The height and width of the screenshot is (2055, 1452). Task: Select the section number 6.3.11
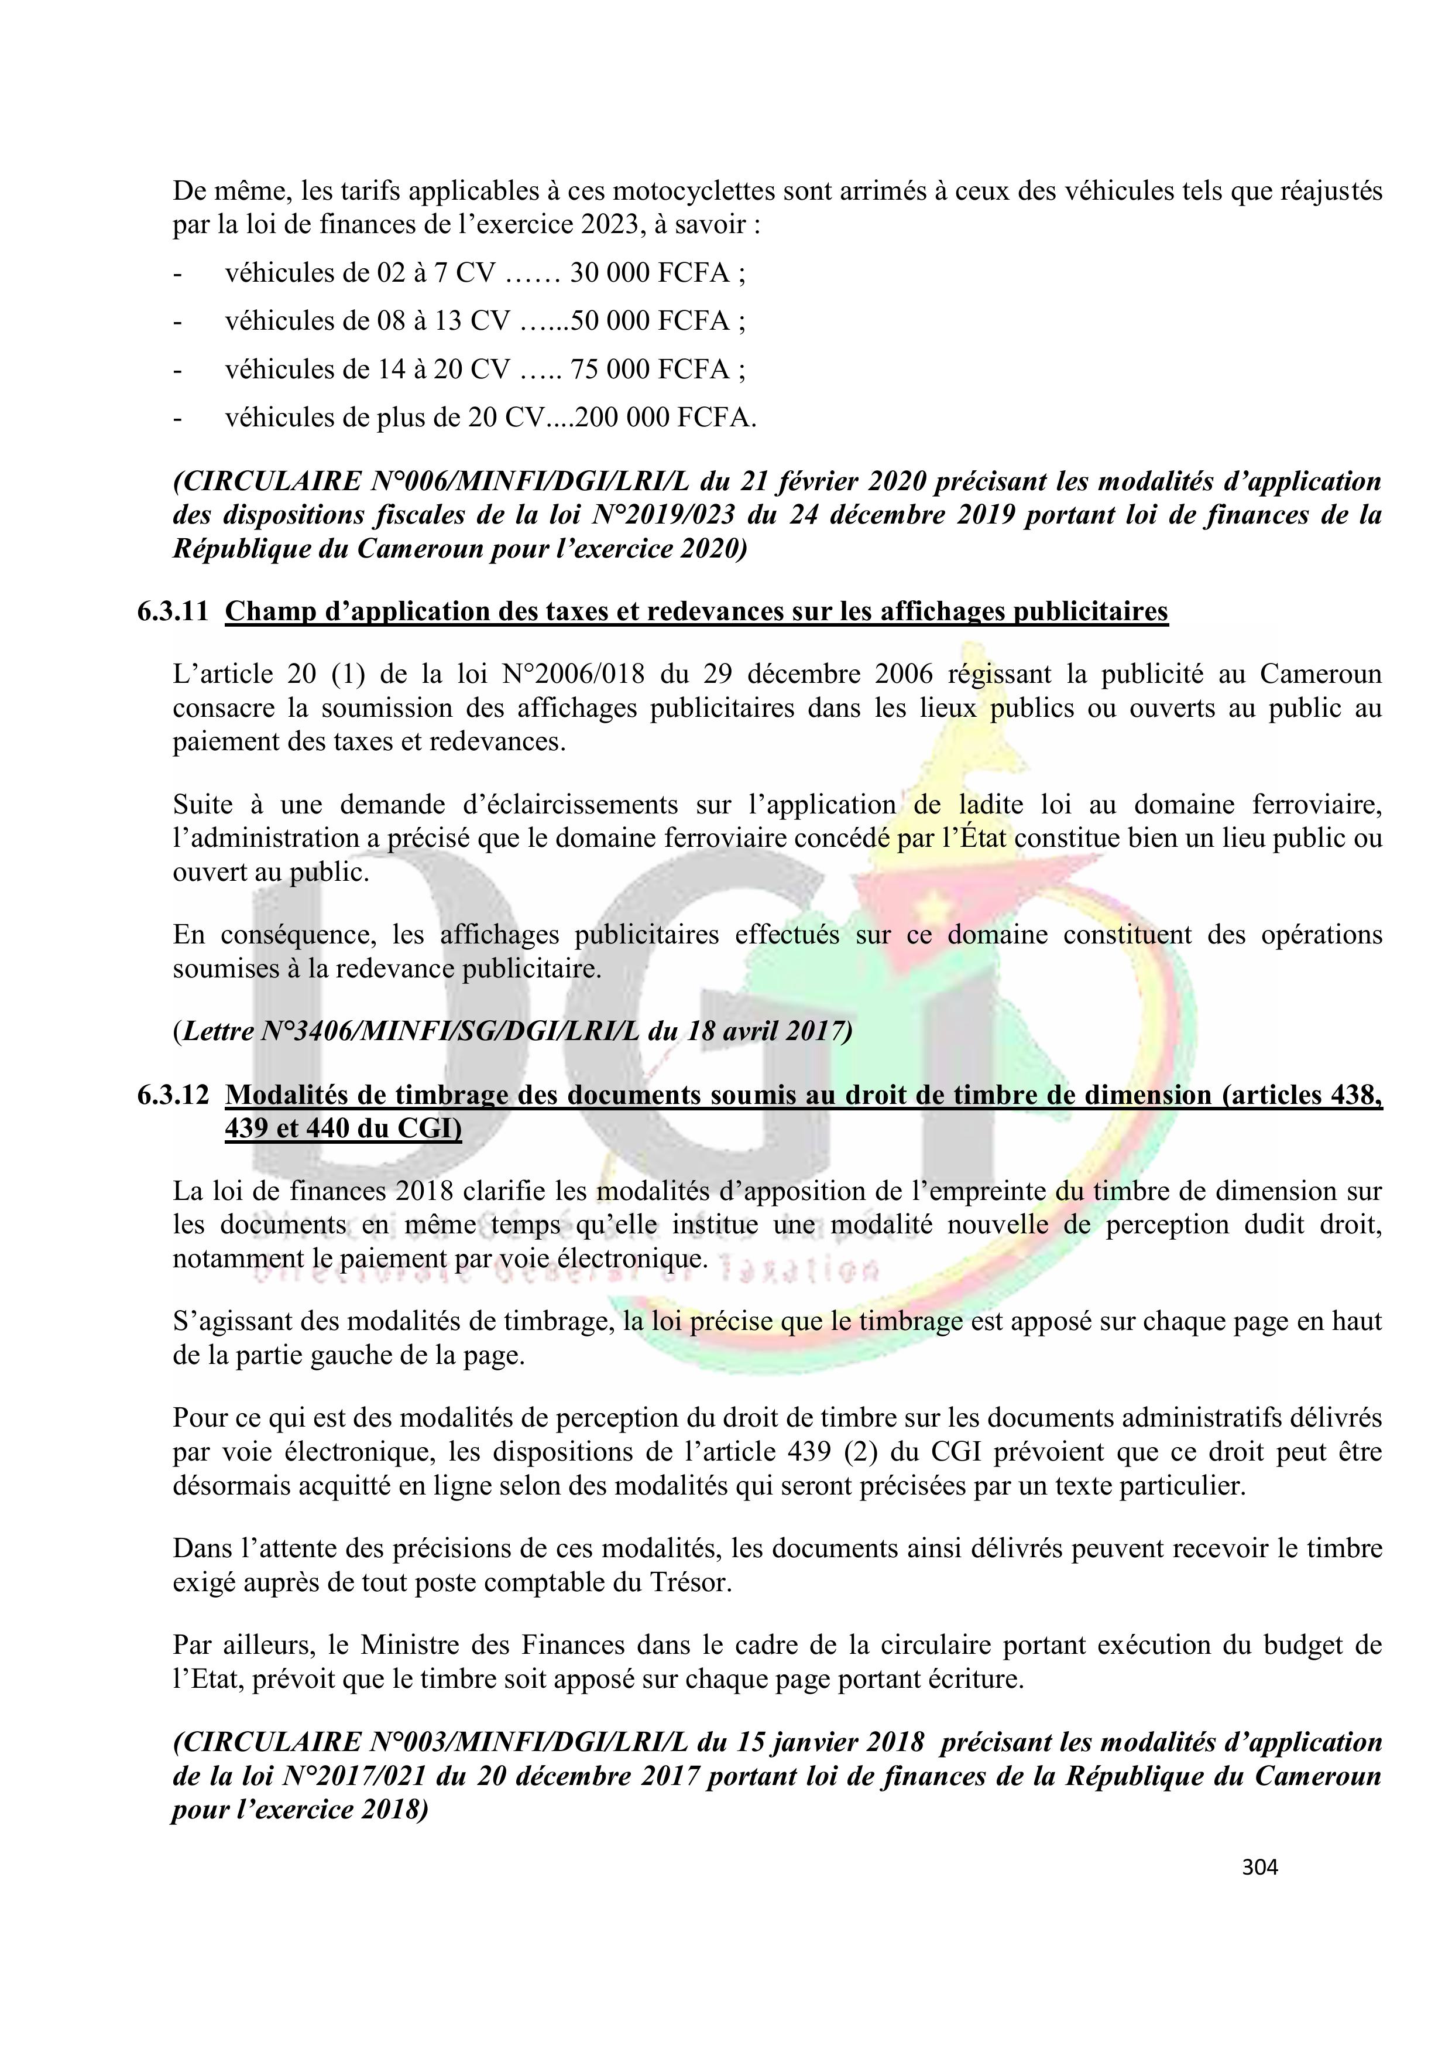(x=173, y=611)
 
